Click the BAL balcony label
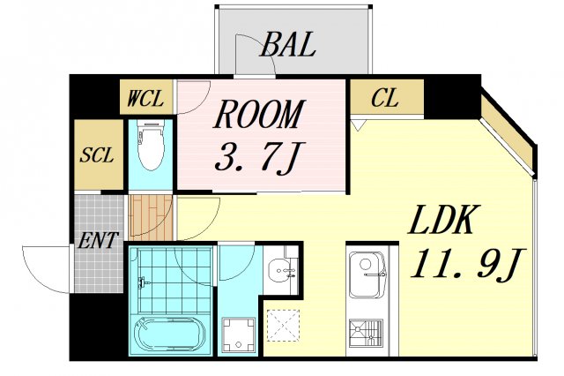click(x=288, y=45)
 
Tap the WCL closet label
click(x=145, y=98)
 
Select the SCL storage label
click(x=97, y=154)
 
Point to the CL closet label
click(x=385, y=98)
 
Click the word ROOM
click(x=259, y=115)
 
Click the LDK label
click(x=441, y=220)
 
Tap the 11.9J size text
click(x=469, y=263)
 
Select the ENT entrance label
click(x=98, y=241)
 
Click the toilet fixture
click(x=151, y=145)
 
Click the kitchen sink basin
click(x=367, y=274)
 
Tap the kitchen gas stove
click(x=366, y=333)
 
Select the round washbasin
click(x=281, y=268)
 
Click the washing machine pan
click(x=239, y=335)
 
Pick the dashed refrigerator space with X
click(x=284, y=325)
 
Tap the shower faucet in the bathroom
click(x=143, y=282)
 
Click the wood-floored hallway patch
click(x=151, y=217)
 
